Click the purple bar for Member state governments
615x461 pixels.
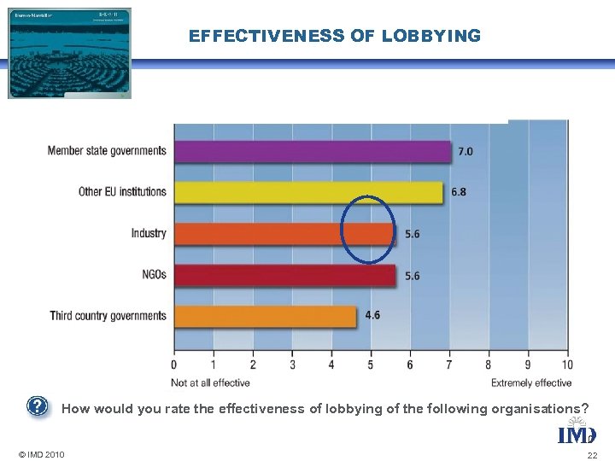tap(312, 151)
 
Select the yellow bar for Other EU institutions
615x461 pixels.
tap(308, 192)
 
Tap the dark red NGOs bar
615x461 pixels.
tap(284, 275)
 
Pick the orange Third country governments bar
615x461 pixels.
tap(265, 316)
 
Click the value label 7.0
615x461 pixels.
tap(466, 151)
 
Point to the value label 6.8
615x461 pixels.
tap(459, 192)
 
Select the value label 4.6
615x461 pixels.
tap(372, 316)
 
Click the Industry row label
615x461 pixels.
tap(149, 233)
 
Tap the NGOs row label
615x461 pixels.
tap(154, 275)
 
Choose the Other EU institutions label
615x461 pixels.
tap(122, 192)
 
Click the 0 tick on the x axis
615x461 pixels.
tap(174, 365)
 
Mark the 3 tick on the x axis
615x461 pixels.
tap(292, 365)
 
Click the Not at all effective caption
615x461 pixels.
tap(210, 382)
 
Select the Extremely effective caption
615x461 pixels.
tap(531, 382)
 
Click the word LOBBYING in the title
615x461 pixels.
tap(431, 36)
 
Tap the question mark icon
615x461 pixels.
tap(36, 406)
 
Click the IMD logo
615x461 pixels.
tap(577, 435)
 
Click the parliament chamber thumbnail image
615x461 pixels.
tap(70, 53)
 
